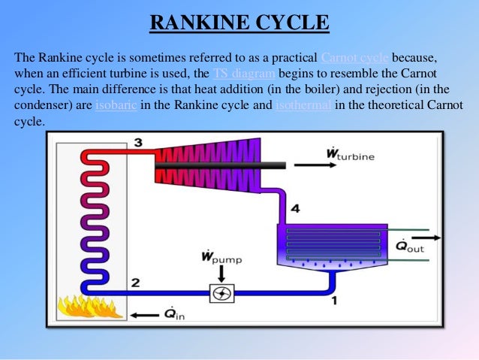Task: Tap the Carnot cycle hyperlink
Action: pyautogui.click(x=354, y=56)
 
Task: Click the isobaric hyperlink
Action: pyautogui.click(x=116, y=105)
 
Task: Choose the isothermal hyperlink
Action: pyautogui.click(x=303, y=105)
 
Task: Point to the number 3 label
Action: pyautogui.click(x=137, y=142)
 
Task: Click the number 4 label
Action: pyautogui.click(x=295, y=208)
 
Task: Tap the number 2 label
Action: pyautogui.click(x=135, y=283)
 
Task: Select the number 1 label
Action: pyautogui.click(x=333, y=301)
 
